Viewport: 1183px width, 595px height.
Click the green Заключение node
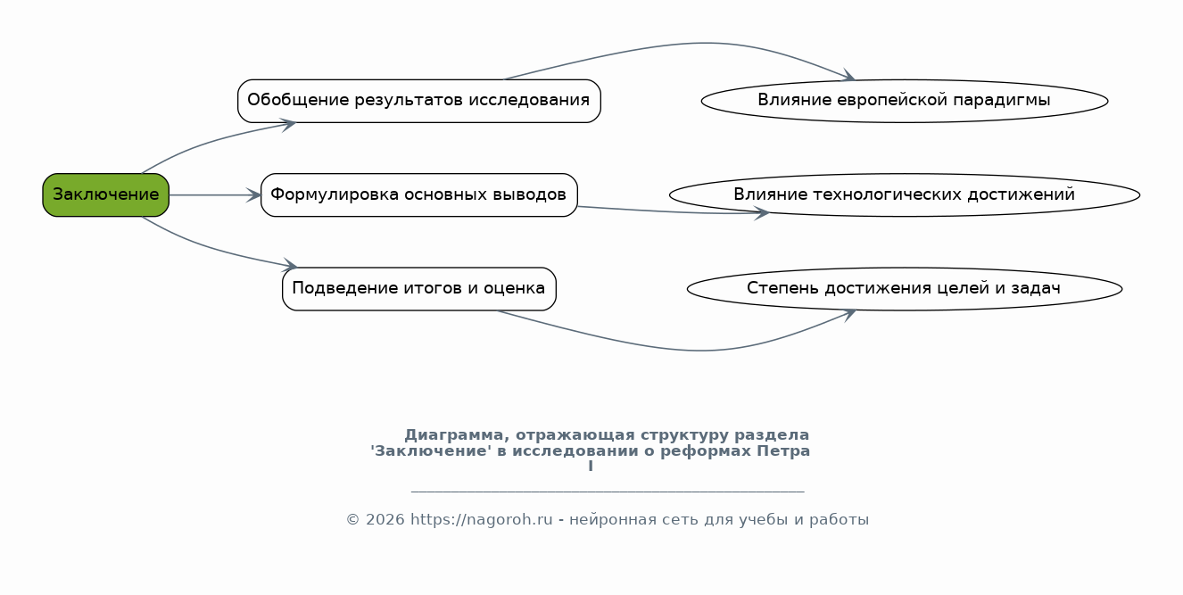(105, 194)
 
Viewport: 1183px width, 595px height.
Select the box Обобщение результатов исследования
(418, 101)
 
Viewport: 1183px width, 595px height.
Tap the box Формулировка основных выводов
(418, 194)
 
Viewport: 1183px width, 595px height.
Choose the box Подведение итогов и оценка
(418, 289)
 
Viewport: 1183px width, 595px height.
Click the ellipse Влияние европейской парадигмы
(904, 101)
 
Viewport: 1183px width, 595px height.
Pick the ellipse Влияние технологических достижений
(904, 194)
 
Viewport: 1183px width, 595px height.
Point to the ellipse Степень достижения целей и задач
(904, 289)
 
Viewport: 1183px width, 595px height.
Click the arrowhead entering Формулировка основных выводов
(253, 194)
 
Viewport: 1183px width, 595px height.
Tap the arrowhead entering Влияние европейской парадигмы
(848, 76)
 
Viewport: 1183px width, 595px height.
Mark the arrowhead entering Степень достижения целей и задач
(848, 314)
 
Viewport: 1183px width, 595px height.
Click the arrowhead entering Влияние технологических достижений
(762, 213)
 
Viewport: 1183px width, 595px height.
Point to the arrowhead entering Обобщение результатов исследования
(288, 125)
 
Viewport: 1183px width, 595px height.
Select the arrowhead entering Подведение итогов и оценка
(290, 265)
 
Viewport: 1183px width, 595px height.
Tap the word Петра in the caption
(783, 450)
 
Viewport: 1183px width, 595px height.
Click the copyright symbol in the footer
(352, 520)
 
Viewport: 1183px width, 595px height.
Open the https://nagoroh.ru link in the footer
(481, 520)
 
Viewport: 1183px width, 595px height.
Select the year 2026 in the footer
(385, 520)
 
